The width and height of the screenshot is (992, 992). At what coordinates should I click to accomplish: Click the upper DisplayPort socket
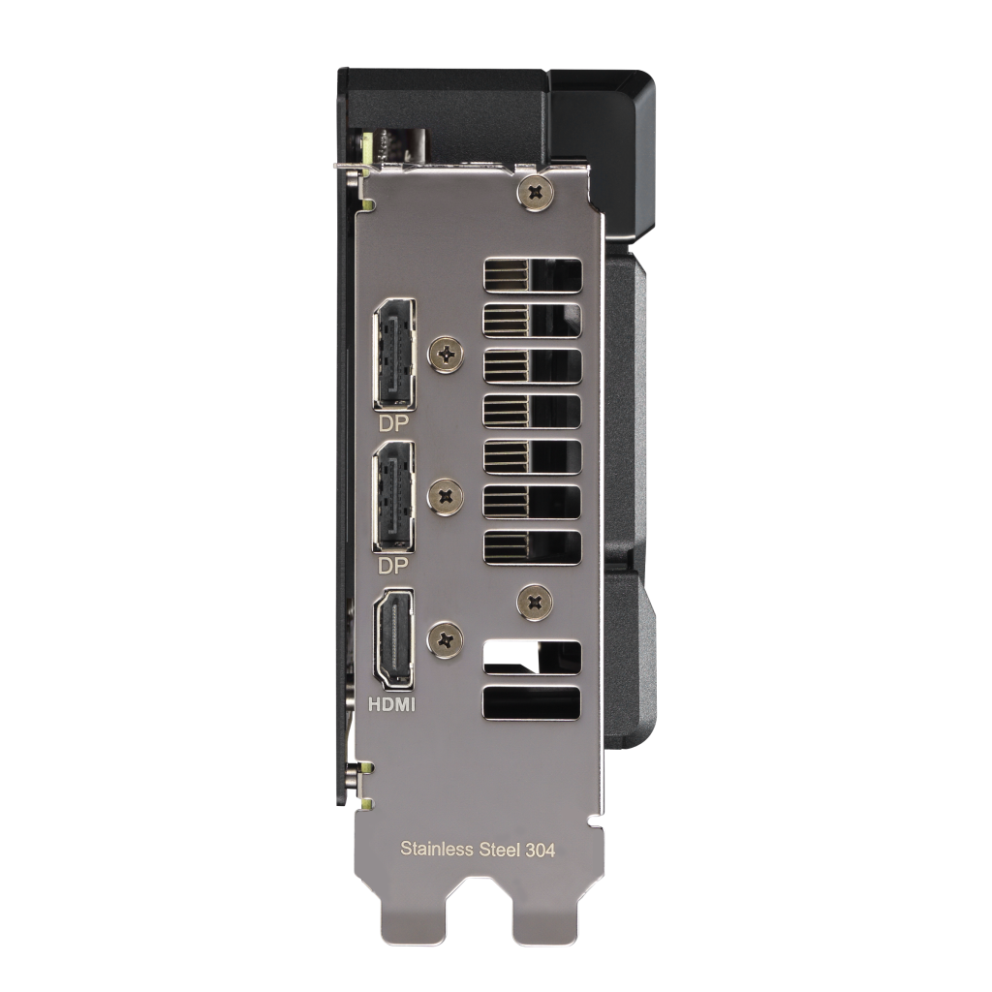coord(394,355)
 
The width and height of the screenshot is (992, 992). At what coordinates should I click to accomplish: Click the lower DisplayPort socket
coord(393,497)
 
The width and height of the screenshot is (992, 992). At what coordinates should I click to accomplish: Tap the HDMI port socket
coord(393,639)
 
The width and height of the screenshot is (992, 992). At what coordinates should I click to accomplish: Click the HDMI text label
coord(392,704)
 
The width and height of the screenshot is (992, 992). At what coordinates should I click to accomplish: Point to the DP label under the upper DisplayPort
coord(393,423)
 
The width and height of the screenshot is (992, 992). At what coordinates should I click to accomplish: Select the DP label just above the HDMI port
coord(393,566)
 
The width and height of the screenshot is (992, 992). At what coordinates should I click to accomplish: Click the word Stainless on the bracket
coord(437,849)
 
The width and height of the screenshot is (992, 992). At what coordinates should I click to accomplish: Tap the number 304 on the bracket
coord(541,850)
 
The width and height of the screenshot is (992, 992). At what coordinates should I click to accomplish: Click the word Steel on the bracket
coord(500,849)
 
